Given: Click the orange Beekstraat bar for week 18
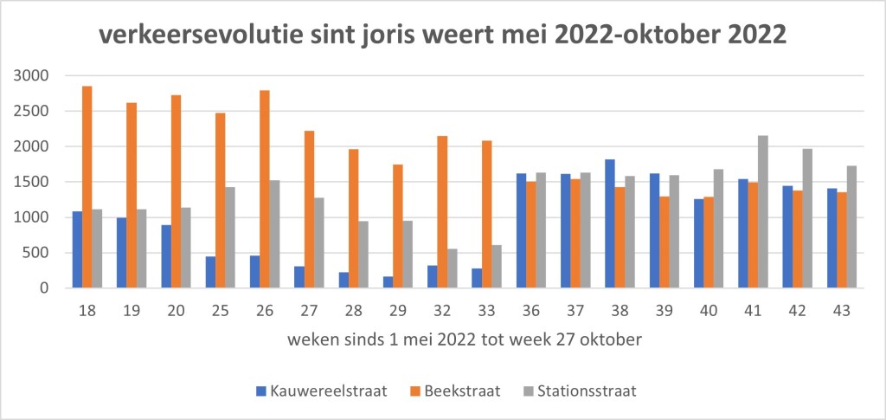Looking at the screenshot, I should (x=87, y=187).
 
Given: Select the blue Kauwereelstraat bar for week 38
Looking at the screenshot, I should (x=610, y=223).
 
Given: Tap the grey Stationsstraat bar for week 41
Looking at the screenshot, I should (x=763, y=211).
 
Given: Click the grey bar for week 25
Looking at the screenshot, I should (x=230, y=237).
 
